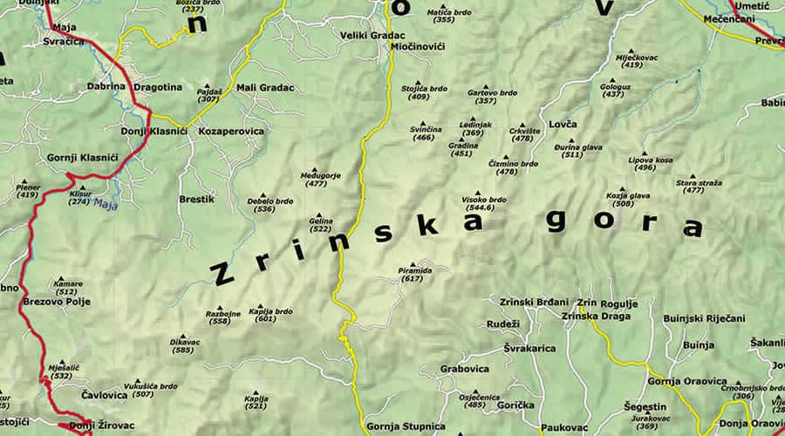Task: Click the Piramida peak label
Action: [414, 270]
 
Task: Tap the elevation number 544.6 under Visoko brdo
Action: [486, 208]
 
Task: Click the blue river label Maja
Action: [105, 206]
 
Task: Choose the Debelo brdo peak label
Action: [270, 201]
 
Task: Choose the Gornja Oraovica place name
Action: [687, 381]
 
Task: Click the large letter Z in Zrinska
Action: [224, 274]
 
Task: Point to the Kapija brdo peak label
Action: [270, 311]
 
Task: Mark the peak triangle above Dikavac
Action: [183, 333]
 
